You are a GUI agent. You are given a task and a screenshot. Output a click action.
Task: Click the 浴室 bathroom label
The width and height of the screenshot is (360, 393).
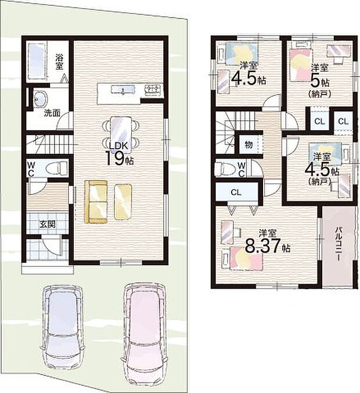59,62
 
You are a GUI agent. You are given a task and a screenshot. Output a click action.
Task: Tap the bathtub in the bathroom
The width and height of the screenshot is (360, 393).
37,62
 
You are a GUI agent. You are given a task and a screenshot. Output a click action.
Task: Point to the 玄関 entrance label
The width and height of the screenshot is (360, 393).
48,224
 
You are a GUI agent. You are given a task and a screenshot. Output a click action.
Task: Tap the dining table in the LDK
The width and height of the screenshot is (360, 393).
121,133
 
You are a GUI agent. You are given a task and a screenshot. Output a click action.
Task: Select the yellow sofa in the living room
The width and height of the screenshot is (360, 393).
96,201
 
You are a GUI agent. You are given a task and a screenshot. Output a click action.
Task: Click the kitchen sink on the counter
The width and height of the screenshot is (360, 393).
123,89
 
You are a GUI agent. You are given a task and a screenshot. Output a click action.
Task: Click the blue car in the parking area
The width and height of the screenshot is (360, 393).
62,332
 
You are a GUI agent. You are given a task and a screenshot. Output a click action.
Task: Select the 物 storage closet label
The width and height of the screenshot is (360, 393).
249,145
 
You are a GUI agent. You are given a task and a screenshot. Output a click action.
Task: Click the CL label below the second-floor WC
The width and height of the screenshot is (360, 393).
236,192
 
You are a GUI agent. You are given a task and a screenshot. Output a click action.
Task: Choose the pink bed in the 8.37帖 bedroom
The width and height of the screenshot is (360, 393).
246,258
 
